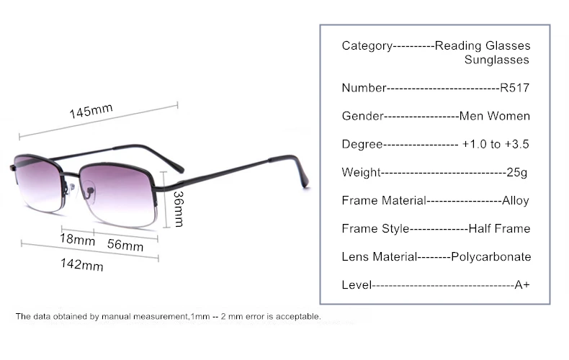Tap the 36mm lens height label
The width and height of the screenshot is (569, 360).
(177, 208)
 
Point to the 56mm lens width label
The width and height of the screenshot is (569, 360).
(125, 245)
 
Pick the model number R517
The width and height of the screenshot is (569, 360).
(514, 88)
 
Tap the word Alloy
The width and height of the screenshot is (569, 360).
(515, 200)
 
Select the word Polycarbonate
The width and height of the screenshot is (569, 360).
(490, 256)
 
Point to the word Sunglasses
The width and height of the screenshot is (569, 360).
(497, 60)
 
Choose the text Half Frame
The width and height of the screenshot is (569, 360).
(499, 228)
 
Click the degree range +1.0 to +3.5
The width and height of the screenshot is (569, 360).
(496, 144)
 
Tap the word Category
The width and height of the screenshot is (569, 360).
(366, 46)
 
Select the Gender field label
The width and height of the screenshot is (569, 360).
(360, 116)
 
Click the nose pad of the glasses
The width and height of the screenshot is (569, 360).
(73, 189)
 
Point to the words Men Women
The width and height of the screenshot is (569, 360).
(495, 116)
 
